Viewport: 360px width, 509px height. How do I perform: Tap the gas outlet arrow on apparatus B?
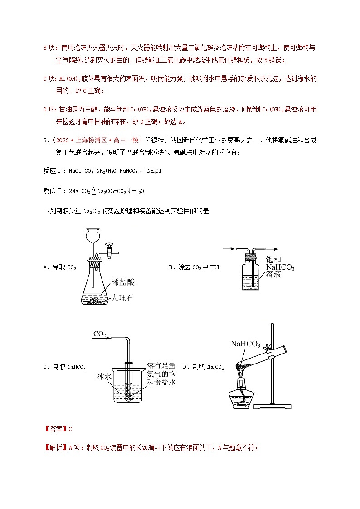273,248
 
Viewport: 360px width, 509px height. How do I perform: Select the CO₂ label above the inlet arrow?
99,334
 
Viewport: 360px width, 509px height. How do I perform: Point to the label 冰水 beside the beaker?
104,376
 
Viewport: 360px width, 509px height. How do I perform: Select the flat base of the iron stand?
273,406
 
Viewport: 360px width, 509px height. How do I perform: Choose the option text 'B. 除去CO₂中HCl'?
194,268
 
